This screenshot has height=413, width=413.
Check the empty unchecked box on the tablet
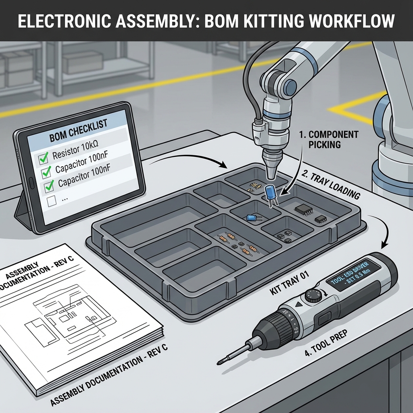tap(52, 200)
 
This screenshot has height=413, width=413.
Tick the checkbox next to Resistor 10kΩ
tap(43, 160)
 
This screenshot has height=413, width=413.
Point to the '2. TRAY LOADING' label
tap(331, 184)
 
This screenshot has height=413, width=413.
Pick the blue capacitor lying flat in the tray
tap(252, 217)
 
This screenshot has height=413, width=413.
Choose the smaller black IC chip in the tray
tap(321, 219)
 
